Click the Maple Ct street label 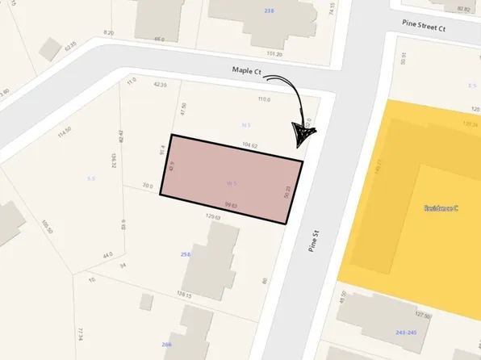pyautogui.click(x=248, y=72)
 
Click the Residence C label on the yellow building pyautogui.click(x=441, y=208)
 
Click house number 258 pyautogui.click(x=186, y=255)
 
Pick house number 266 pyautogui.click(x=167, y=345)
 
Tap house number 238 pyautogui.click(x=268, y=10)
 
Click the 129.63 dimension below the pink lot pyautogui.click(x=213, y=216)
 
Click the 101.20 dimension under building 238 pyautogui.click(x=274, y=54)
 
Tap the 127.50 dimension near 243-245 pyautogui.click(x=422, y=316)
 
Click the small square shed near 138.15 pyautogui.click(x=146, y=302)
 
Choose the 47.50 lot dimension pyautogui.click(x=184, y=109)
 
